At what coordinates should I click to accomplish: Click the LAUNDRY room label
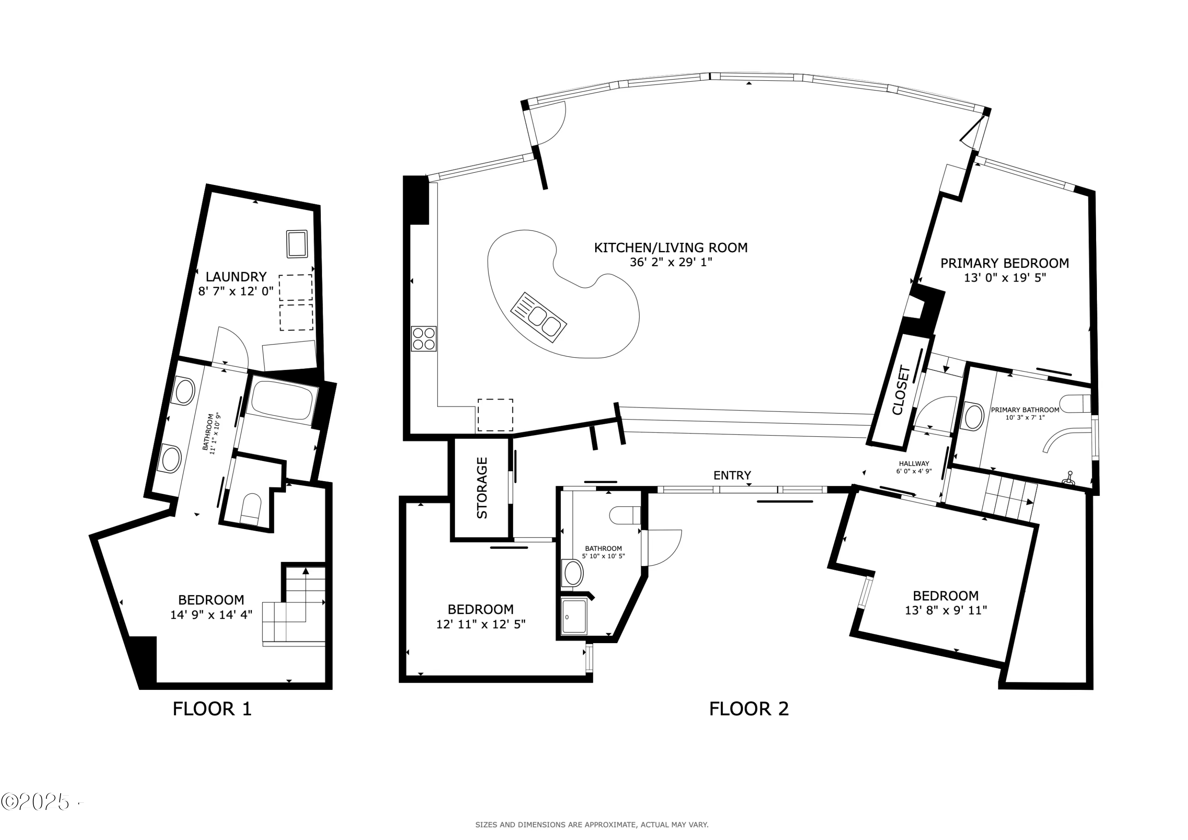click(x=236, y=276)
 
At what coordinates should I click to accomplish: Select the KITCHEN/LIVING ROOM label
click(x=670, y=248)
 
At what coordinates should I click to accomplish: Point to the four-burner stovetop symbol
click(x=423, y=339)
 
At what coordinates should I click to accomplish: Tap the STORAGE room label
click(x=482, y=488)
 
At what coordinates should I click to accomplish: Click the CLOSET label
click(x=901, y=391)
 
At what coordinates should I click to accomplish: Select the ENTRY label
click(x=732, y=475)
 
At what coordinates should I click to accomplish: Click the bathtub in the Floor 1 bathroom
click(x=282, y=400)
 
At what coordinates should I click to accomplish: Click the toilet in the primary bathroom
click(x=1075, y=404)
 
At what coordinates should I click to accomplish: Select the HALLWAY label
click(x=914, y=464)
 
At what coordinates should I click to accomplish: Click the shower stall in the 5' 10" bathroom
click(x=574, y=616)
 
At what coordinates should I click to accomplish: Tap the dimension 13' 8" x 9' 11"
click(x=945, y=611)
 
